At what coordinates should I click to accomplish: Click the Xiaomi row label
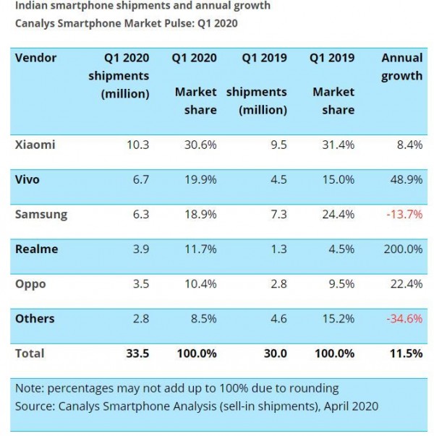[x=35, y=145]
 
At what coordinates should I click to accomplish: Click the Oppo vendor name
[x=30, y=284]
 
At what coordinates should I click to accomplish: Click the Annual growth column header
[x=401, y=67]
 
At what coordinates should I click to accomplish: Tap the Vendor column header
[x=35, y=58]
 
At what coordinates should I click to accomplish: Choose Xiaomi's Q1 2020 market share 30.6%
[x=200, y=145]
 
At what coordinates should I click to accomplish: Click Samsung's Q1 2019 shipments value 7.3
[x=278, y=214]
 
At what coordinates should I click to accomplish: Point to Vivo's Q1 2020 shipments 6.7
[x=138, y=179]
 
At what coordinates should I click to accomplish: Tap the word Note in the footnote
[x=29, y=388]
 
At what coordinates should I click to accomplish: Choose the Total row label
[x=30, y=354]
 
